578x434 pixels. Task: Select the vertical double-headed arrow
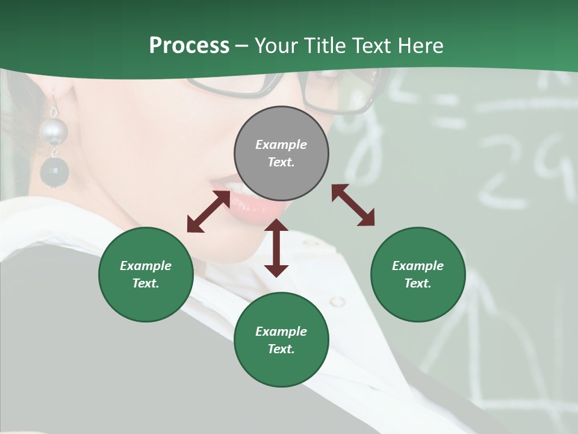(276, 248)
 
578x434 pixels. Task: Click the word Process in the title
(189, 45)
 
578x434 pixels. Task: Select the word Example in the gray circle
(281, 145)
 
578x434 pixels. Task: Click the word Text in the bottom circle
(281, 349)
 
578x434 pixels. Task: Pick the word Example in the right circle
(418, 266)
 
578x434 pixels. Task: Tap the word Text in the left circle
(145, 283)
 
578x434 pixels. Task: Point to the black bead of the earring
(54, 172)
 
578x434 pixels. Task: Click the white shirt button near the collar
(338, 301)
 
